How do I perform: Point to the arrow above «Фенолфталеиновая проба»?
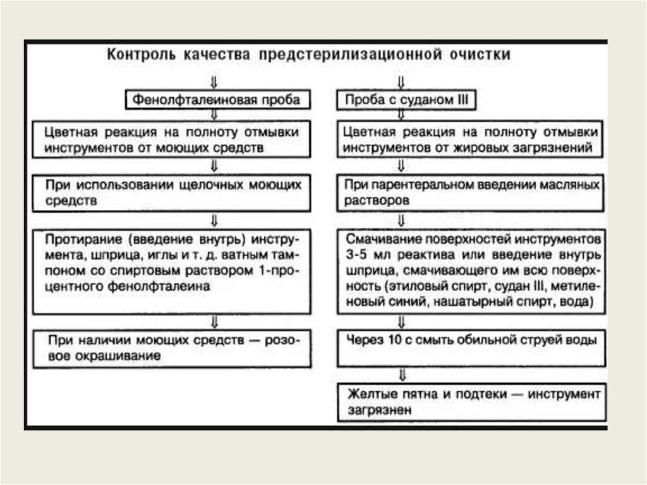point(214,82)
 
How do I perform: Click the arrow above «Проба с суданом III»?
point(401,82)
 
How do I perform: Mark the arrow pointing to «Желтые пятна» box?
point(401,374)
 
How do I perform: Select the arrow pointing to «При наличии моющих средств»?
point(214,321)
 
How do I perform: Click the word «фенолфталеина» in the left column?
point(171,286)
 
